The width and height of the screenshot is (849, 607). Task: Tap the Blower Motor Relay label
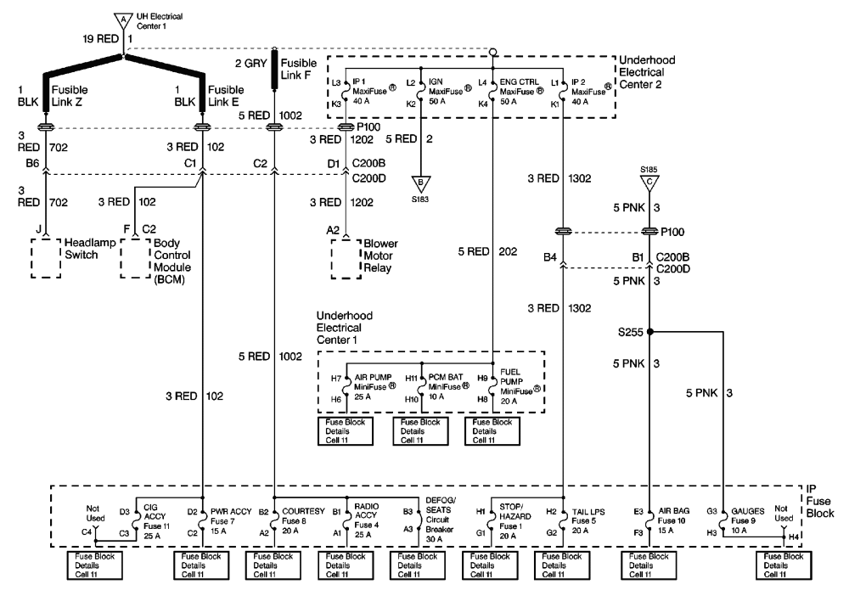380,254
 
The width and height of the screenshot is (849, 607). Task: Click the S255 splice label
633,334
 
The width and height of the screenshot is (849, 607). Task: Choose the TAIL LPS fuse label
588,517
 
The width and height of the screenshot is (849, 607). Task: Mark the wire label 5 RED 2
410,138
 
